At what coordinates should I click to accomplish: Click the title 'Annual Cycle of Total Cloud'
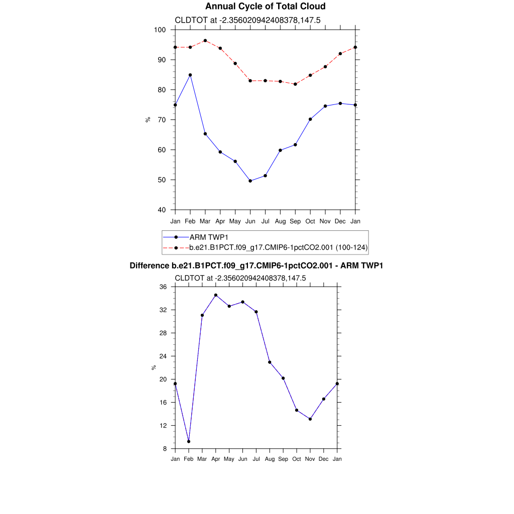(x=266, y=7)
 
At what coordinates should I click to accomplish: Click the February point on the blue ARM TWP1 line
(x=190, y=75)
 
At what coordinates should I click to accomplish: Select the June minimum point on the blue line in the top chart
(x=250, y=181)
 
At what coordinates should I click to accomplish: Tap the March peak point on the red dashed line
(x=205, y=41)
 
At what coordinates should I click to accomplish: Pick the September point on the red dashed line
(x=295, y=84)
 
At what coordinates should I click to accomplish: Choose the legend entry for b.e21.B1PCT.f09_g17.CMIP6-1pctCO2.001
(x=279, y=247)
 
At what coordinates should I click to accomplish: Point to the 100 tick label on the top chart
(x=160, y=30)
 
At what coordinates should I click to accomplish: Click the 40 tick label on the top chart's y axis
(x=162, y=210)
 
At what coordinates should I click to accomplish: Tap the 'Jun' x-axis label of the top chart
(x=250, y=221)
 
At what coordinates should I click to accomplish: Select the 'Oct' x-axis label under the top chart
(x=310, y=221)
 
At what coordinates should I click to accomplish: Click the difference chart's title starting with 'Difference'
(x=256, y=266)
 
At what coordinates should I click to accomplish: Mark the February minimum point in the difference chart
(x=189, y=442)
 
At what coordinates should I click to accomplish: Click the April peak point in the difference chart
(x=216, y=295)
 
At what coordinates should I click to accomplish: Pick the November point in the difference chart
(x=310, y=419)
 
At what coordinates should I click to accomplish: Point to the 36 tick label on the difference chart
(x=163, y=287)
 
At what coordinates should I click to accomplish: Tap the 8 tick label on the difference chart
(x=165, y=449)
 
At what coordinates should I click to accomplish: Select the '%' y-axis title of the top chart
(x=148, y=119)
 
